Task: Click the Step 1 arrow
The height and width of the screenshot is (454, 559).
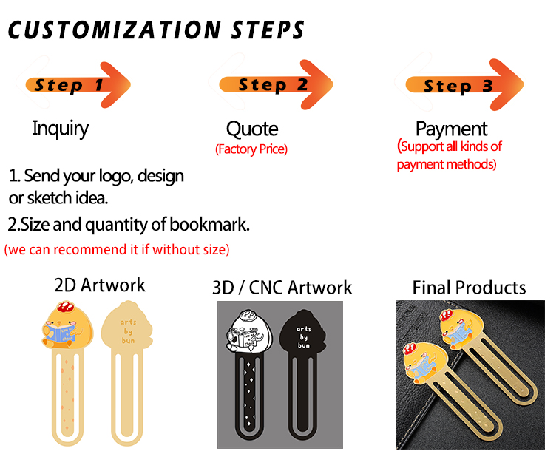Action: tap(78, 85)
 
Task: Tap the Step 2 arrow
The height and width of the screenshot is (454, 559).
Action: tap(277, 84)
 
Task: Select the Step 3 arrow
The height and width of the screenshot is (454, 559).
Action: tap(464, 85)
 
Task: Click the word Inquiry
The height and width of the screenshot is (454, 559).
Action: tap(60, 129)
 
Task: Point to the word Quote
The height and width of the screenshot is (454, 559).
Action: tap(252, 129)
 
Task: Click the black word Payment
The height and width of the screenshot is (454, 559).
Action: tap(451, 129)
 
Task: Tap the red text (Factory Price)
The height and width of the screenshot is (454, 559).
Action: tap(251, 149)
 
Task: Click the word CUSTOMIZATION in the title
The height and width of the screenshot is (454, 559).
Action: tap(115, 30)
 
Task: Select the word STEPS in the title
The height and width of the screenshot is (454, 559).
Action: tap(268, 30)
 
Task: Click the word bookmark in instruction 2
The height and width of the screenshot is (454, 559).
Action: tap(209, 224)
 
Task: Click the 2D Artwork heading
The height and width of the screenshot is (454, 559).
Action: tap(100, 285)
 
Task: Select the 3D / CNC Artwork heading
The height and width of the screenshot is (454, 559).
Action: tap(282, 288)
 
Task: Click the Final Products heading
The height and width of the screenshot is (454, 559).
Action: tap(469, 288)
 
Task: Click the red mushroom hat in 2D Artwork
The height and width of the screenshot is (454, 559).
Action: tap(65, 306)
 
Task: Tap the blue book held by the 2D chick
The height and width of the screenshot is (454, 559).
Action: tap(59, 333)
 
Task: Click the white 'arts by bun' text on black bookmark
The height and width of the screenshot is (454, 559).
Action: tap(304, 337)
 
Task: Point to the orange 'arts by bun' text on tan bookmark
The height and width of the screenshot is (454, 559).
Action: tap(128, 331)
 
